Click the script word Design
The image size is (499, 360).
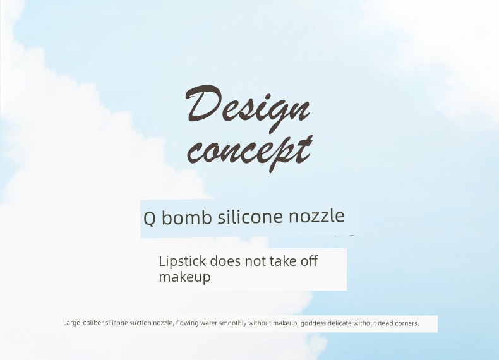pyautogui.click(x=248, y=108)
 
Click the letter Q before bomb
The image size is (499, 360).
pyautogui.click(x=149, y=219)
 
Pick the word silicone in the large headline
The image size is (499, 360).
pyautogui.click(x=251, y=217)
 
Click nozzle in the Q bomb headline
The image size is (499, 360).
pyautogui.click(x=316, y=216)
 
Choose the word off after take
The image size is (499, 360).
pyautogui.click(x=309, y=261)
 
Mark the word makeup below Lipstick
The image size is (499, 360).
pyautogui.click(x=184, y=277)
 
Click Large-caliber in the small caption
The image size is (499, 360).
pyautogui.click(x=83, y=323)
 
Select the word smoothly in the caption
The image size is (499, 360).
pyautogui.click(x=233, y=323)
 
